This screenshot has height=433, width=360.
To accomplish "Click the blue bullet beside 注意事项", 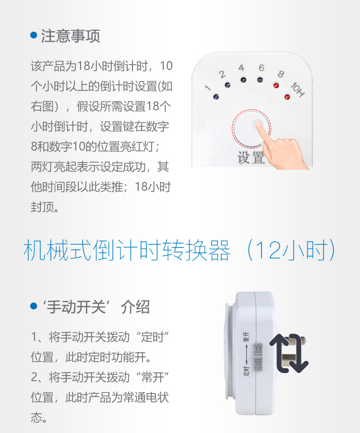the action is [34, 35].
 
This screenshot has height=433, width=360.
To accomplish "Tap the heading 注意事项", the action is [71, 36].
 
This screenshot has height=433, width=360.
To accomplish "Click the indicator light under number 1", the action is [216, 97].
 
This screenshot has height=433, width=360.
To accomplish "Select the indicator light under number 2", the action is [228, 85].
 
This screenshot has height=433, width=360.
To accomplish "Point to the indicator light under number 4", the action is [243, 80].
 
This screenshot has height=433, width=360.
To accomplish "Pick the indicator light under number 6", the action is [260, 80].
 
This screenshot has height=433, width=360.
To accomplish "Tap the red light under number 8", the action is [276, 85].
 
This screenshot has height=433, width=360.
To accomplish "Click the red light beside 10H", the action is [288, 97].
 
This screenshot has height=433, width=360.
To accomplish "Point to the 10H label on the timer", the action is [298, 90].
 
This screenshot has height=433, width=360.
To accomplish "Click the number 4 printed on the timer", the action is [241, 68].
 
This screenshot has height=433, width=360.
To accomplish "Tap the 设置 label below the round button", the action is [251, 158].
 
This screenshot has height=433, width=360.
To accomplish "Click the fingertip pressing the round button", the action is [258, 125].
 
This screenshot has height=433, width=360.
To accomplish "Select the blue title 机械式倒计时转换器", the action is [127, 250].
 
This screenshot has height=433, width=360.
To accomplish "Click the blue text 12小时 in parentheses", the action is [290, 250].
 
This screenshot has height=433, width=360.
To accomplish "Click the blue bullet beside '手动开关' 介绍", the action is [34, 306].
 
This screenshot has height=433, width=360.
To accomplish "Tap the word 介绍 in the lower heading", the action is [135, 307].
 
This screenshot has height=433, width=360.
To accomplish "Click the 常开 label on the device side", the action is [246, 337].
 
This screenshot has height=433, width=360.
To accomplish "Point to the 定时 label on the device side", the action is [246, 372].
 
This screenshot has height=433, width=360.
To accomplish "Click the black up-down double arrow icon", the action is [289, 353].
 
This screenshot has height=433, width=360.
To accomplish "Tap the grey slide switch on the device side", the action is [258, 356].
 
